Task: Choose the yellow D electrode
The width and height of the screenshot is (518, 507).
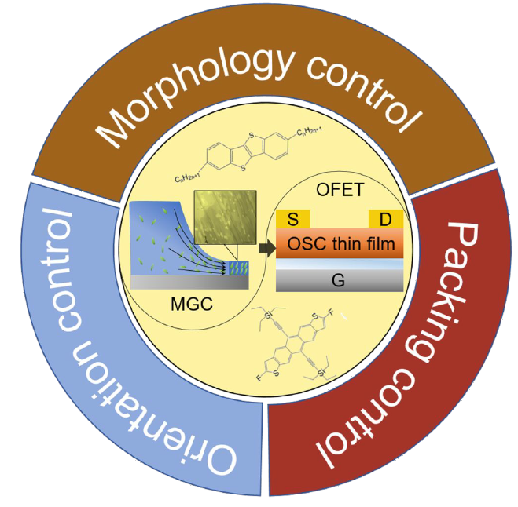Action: click(384, 217)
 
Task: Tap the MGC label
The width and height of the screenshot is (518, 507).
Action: click(186, 302)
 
